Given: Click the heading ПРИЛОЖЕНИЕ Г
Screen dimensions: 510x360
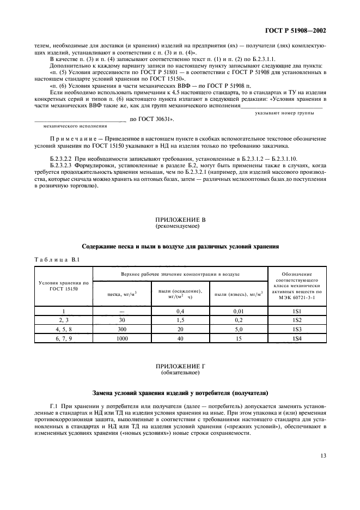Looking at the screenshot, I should (x=180, y=367).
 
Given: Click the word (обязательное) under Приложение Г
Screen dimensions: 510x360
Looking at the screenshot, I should (x=180, y=373).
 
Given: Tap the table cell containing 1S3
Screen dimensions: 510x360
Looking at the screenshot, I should (x=297, y=329).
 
